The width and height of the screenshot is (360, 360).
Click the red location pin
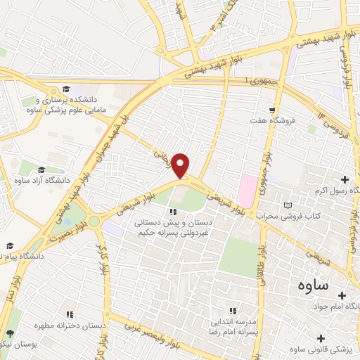coord(181,165)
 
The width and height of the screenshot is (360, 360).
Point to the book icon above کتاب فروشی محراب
coord(286,205)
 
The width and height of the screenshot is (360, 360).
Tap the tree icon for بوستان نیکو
coord(10,333)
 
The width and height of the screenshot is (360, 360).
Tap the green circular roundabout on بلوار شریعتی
coord(94,221)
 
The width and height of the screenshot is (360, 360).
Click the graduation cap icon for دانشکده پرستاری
coord(65,89)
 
